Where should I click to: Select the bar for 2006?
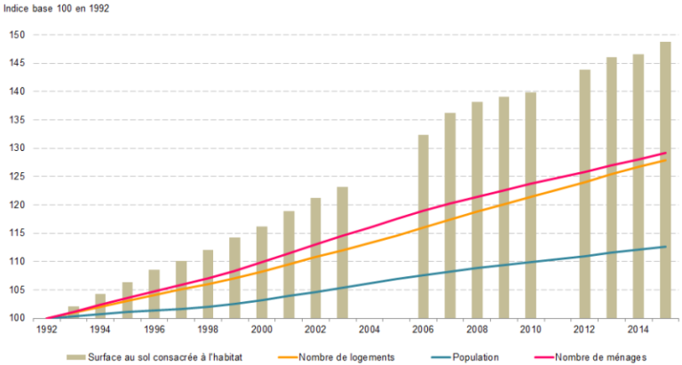(x=424, y=226)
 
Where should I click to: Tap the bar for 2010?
(x=530, y=205)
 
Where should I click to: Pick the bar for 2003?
(x=343, y=252)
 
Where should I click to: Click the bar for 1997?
(x=181, y=290)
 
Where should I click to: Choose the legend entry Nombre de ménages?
(x=599, y=356)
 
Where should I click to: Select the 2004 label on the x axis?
(x=369, y=329)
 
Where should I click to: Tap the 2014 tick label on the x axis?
(x=638, y=329)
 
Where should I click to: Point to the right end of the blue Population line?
(x=666, y=247)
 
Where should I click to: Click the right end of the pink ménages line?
(x=666, y=153)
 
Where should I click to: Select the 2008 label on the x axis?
(x=476, y=329)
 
